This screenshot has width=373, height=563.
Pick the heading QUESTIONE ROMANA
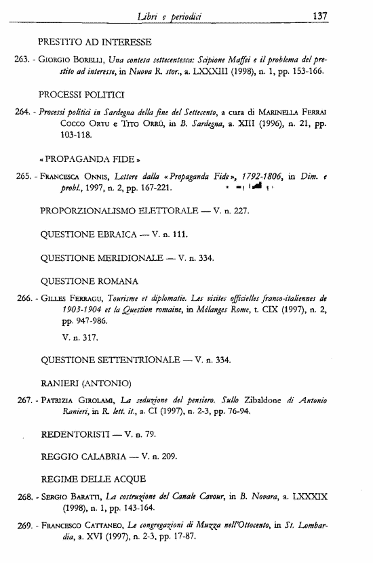pos(90,280)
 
